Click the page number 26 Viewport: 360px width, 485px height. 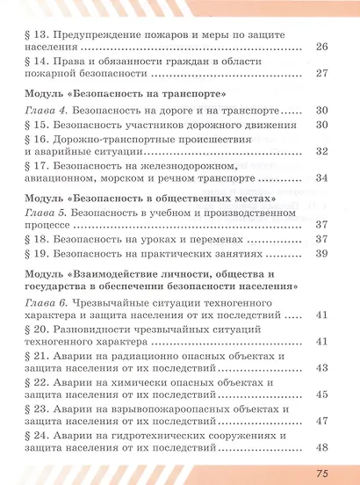pos(320,47)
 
